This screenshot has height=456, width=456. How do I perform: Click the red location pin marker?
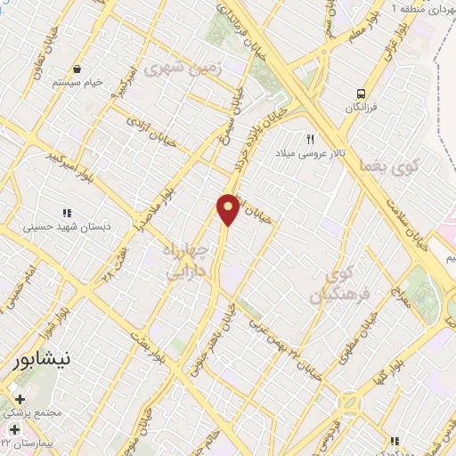(228, 208)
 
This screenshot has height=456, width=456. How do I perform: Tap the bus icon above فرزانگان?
(360, 93)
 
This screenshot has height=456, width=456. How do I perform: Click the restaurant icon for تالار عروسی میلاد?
(311, 139)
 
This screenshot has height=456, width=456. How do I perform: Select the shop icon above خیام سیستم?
(77, 69)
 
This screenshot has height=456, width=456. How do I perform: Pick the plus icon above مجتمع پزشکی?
(20, 400)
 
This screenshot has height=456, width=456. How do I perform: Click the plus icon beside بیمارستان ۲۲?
(13, 430)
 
